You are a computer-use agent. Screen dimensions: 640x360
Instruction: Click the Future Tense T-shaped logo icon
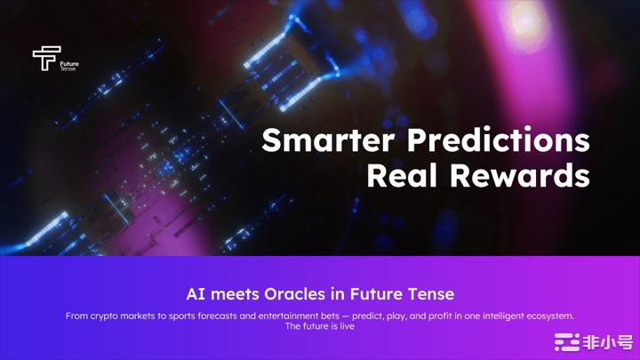click(x=46, y=58)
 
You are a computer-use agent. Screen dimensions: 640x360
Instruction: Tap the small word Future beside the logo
click(x=69, y=64)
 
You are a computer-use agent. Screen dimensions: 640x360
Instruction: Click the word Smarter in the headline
click(x=328, y=140)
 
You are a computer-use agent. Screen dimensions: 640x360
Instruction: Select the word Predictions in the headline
click(x=499, y=140)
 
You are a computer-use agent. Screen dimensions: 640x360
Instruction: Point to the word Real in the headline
click(x=403, y=175)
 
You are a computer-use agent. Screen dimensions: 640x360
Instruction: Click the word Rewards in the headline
click(x=520, y=175)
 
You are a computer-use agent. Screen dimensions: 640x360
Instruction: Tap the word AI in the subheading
click(x=196, y=294)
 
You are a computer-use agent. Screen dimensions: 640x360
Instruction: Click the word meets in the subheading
click(x=235, y=294)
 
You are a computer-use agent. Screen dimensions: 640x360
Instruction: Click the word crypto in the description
click(x=104, y=316)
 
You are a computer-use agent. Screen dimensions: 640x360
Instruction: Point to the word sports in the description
click(x=182, y=316)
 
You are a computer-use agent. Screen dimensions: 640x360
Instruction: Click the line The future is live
click(x=320, y=326)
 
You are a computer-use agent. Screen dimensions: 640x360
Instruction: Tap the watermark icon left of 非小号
click(x=567, y=342)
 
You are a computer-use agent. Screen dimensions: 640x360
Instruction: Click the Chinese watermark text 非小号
click(x=608, y=342)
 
